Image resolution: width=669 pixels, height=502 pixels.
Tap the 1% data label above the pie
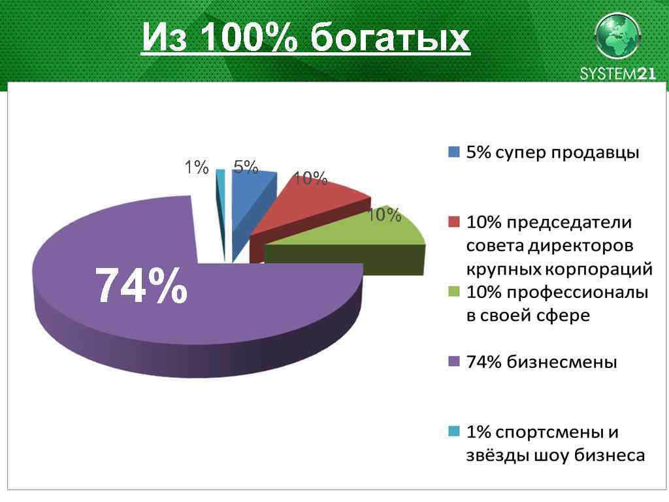pos(195,168)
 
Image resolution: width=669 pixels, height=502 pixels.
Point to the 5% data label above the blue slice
pos(246,168)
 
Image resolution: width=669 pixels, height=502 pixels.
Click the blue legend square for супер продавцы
pos(454,152)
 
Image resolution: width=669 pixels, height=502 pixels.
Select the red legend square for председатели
pos(454,222)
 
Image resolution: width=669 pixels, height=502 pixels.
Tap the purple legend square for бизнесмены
pos(454,361)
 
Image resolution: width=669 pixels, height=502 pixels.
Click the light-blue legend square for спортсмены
pos(454,431)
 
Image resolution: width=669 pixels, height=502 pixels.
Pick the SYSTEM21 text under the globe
pos(617,73)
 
